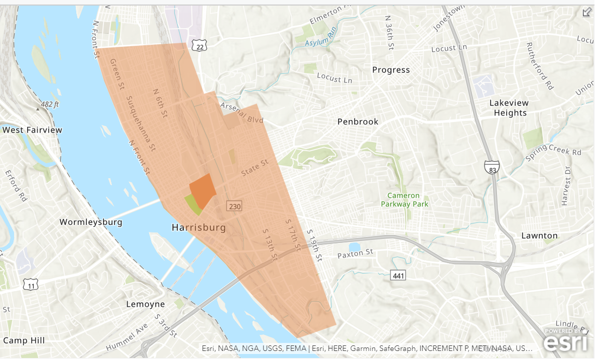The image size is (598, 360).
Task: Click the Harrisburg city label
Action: click(199, 227)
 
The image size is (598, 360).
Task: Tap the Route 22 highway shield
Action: click(199, 47)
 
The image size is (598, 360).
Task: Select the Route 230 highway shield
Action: click(234, 206)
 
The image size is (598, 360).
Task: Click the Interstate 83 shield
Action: click(492, 168)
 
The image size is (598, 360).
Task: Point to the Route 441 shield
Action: click(398, 275)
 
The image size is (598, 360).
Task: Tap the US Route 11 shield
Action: click(31, 285)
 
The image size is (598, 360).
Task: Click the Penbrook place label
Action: click(357, 122)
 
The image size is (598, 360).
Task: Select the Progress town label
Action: click(391, 70)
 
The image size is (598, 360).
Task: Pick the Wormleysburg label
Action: click(91, 222)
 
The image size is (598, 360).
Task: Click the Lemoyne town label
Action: click(145, 304)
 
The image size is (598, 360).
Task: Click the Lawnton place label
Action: click(539, 235)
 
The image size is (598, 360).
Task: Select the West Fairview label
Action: click(32, 130)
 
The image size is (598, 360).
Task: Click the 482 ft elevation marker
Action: click(47, 104)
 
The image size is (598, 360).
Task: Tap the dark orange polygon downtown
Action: click(203, 189)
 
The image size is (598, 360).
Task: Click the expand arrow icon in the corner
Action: click(586, 13)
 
